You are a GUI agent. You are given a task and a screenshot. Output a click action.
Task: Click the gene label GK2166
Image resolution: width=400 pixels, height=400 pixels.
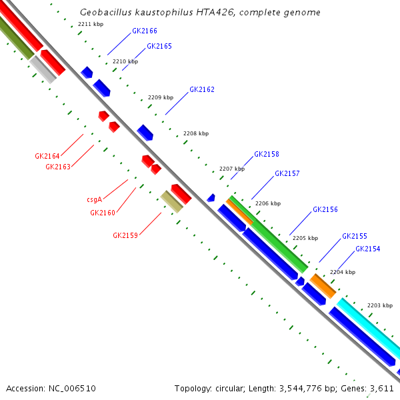pyautogui.click(x=145, y=31)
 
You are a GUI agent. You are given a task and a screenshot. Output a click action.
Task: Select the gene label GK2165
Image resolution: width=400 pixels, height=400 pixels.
pyautogui.click(x=159, y=47)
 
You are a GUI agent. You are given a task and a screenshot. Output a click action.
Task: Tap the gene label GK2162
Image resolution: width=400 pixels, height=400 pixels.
pyautogui.click(x=202, y=89)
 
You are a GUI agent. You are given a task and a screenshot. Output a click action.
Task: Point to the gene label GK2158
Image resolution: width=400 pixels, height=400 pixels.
pyautogui.click(x=267, y=154)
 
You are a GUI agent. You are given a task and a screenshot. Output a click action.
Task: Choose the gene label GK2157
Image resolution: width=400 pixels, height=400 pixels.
pyautogui.click(x=287, y=173)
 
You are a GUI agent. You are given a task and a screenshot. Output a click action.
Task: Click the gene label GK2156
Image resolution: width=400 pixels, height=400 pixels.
pyautogui.click(x=325, y=209)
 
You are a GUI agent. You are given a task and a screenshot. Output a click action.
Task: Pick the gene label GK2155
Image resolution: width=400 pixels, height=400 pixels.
pyautogui.click(x=355, y=236)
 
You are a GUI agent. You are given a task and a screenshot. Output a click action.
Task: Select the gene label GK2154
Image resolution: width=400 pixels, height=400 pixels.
pyautogui.click(x=368, y=249)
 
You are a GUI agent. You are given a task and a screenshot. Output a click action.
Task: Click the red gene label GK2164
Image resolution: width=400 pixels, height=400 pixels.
pyautogui.click(x=47, y=156)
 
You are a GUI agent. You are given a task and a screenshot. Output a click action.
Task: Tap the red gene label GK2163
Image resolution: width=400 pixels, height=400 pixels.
pyautogui.click(x=58, y=167)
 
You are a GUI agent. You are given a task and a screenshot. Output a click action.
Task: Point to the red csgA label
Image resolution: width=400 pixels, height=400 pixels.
pyautogui.click(x=94, y=199)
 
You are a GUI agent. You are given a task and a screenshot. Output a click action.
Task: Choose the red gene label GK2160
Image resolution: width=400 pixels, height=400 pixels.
pyautogui.click(x=103, y=213)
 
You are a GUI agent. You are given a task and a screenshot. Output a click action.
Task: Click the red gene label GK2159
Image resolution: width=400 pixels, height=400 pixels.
pyautogui.click(x=125, y=235)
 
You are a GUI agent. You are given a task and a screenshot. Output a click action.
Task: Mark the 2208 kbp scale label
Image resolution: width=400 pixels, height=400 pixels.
pyautogui.click(x=195, y=133)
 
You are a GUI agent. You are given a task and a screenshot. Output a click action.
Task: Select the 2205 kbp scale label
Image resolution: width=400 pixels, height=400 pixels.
pyautogui.click(x=305, y=238)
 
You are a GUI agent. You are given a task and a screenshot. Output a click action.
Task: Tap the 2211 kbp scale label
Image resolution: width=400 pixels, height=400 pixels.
pyautogui.click(x=91, y=24)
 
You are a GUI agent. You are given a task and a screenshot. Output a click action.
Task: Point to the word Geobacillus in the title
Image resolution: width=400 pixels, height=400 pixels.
pyautogui.click(x=102, y=13)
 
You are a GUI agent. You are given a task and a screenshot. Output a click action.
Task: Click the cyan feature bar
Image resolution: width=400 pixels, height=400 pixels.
pyautogui.click(x=368, y=329)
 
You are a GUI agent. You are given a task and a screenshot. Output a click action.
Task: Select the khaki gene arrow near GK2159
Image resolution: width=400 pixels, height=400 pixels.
pyautogui.click(x=171, y=201)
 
